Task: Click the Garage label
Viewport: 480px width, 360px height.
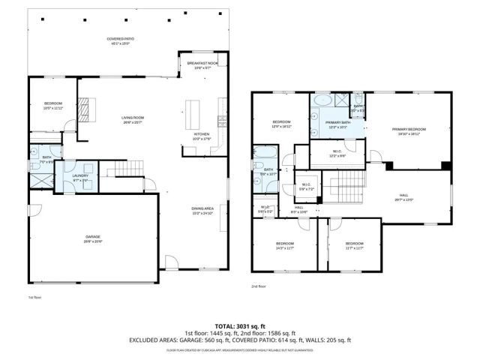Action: click(93, 238)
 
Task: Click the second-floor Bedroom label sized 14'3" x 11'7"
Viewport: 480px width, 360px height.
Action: click(284, 246)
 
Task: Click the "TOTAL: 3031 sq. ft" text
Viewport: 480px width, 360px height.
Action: click(240, 325)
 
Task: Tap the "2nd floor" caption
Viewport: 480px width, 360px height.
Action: click(259, 286)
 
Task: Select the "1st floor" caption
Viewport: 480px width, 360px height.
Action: click(34, 298)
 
